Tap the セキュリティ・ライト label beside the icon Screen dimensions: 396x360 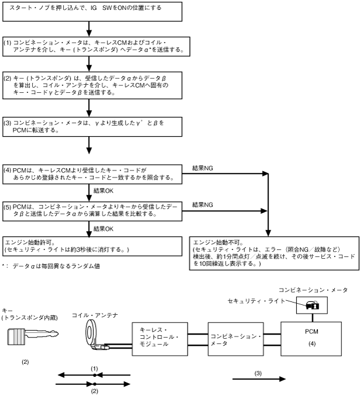(257, 284)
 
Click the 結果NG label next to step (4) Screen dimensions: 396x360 (202, 168)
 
